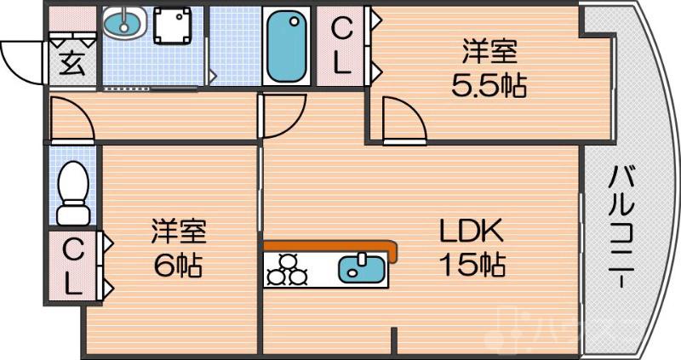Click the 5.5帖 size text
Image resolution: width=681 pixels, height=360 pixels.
(489, 84)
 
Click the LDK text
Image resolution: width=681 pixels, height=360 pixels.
(472, 231)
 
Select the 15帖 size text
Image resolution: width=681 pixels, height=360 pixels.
(472, 265)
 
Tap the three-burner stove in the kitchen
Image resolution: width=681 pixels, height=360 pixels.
(286, 269)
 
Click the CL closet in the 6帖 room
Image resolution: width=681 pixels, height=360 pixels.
(74, 265)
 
